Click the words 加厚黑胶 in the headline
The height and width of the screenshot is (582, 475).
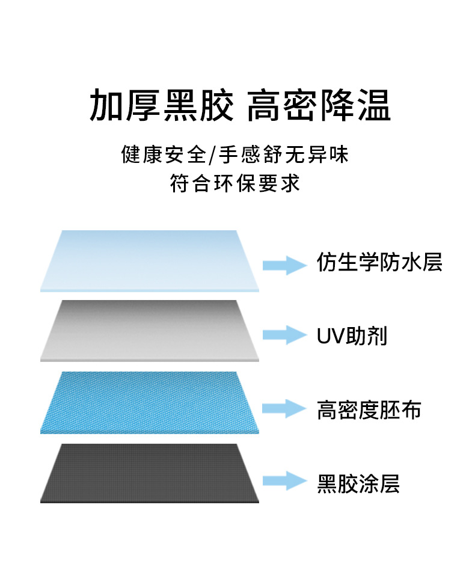click(161, 106)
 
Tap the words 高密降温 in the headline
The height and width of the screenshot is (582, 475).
click(319, 106)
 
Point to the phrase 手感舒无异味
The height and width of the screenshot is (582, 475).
click(283, 155)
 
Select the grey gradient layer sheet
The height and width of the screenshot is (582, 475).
click(150, 330)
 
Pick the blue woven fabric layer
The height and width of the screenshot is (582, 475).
click(150, 402)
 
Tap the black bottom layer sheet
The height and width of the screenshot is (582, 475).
click(150, 473)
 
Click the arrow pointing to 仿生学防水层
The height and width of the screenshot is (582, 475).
click(284, 265)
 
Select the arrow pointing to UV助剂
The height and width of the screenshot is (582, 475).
click(284, 335)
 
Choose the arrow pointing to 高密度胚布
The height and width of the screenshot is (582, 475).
click(284, 408)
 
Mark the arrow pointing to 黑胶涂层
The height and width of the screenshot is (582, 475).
click(284, 480)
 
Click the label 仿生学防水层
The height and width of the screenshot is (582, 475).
click(379, 263)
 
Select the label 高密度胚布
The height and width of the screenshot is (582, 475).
click(369, 410)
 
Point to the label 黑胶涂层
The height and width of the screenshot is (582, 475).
click(358, 483)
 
